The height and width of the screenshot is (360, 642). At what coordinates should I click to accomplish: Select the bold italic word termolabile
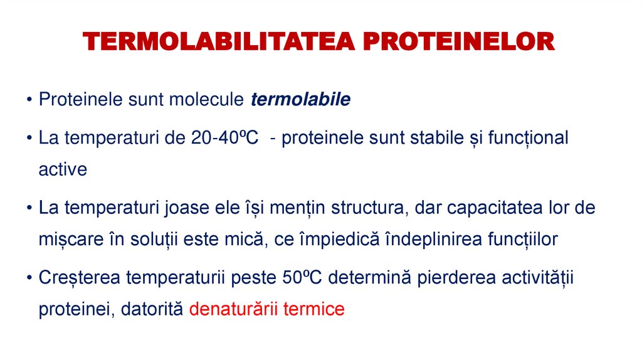(x=301, y=100)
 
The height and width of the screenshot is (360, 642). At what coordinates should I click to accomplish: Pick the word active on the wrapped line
(x=63, y=169)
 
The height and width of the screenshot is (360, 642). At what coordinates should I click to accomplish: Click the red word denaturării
(x=233, y=309)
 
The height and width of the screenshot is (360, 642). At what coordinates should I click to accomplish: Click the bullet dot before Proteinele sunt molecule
(x=30, y=100)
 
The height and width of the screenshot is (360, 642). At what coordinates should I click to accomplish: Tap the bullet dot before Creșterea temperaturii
(x=30, y=278)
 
